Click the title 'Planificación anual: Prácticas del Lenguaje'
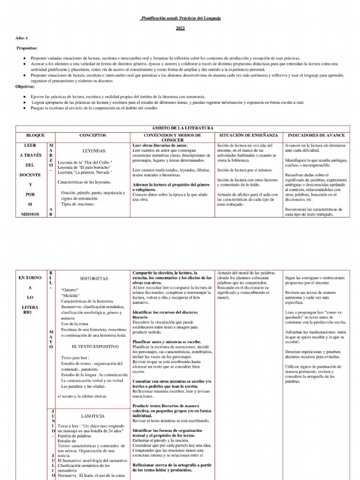coord(180,18)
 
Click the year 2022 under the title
coord(180,29)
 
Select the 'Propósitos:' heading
coord(27,48)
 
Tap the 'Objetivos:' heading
coord(25,87)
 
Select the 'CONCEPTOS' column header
coord(93,135)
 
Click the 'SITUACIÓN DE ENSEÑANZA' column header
coord(248,135)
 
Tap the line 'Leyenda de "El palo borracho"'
coord(84,167)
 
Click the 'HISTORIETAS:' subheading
coord(94,278)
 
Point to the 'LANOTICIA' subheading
coord(93,416)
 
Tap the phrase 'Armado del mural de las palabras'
coord(247,273)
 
